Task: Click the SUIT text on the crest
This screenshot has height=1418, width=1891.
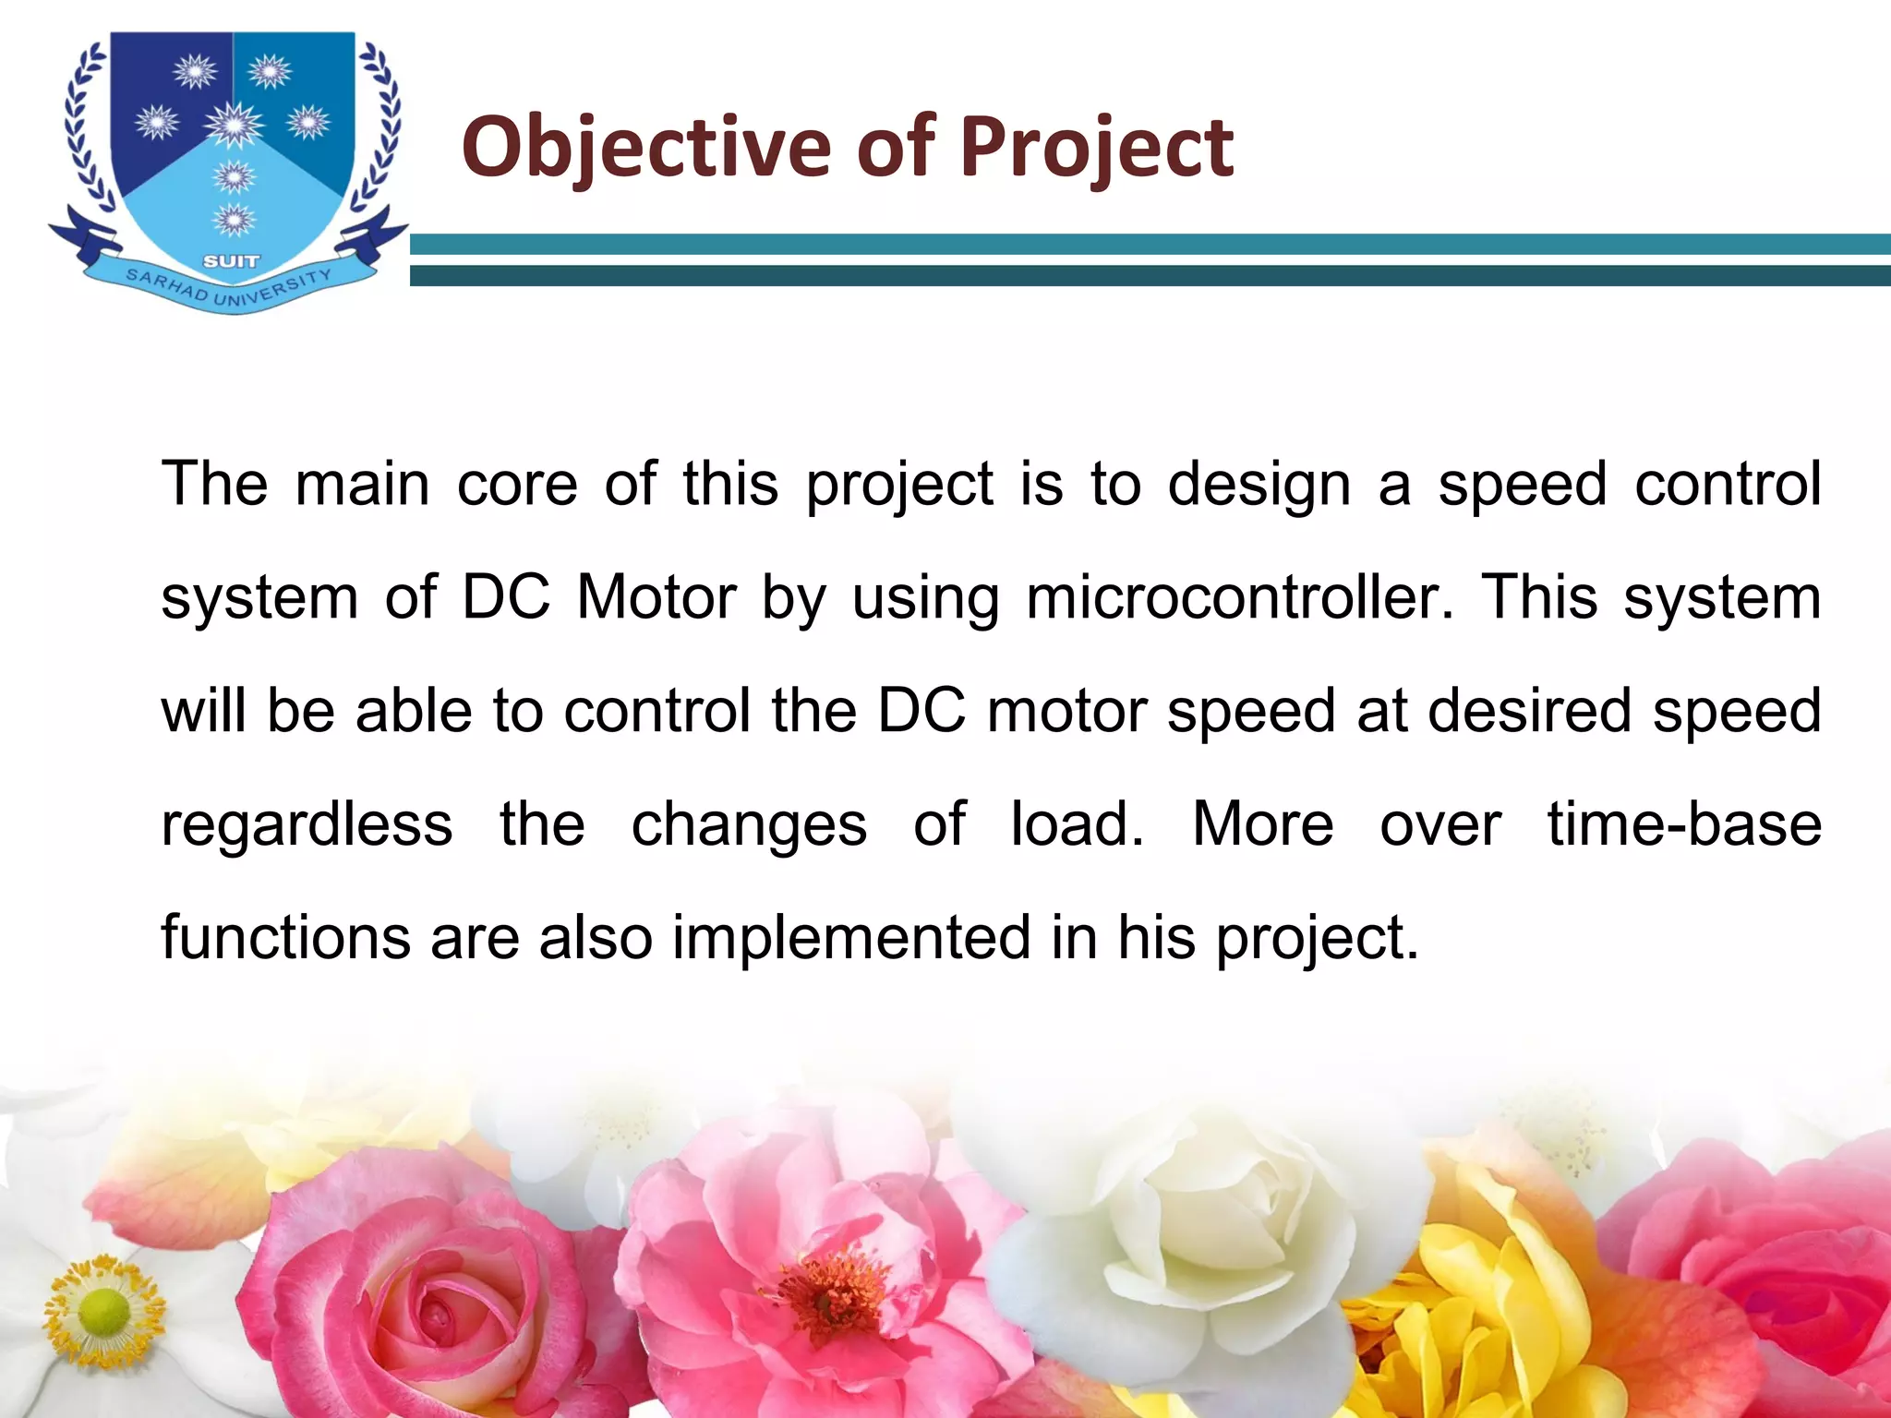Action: pyautogui.click(x=231, y=261)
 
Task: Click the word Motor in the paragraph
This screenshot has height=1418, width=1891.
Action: pyautogui.click(x=656, y=597)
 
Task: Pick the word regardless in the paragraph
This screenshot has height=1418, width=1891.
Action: pyautogui.click(x=307, y=823)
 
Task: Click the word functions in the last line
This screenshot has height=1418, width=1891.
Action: pyautogui.click(x=284, y=937)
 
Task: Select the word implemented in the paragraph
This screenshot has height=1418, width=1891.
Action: pyautogui.click(x=849, y=937)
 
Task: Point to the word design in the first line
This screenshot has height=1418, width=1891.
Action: pyautogui.click(x=1259, y=485)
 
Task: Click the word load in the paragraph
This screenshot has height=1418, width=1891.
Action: pyautogui.click(x=1077, y=823)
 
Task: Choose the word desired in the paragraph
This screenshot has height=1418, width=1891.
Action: pyautogui.click(x=1530, y=710)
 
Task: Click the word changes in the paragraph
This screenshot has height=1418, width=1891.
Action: pyautogui.click(x=749, y=823)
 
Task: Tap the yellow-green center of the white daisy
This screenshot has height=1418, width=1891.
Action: pyautogui.click(x=104, y=1311)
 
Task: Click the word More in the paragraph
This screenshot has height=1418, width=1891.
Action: pyautogui.click(x=1262, y=823)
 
